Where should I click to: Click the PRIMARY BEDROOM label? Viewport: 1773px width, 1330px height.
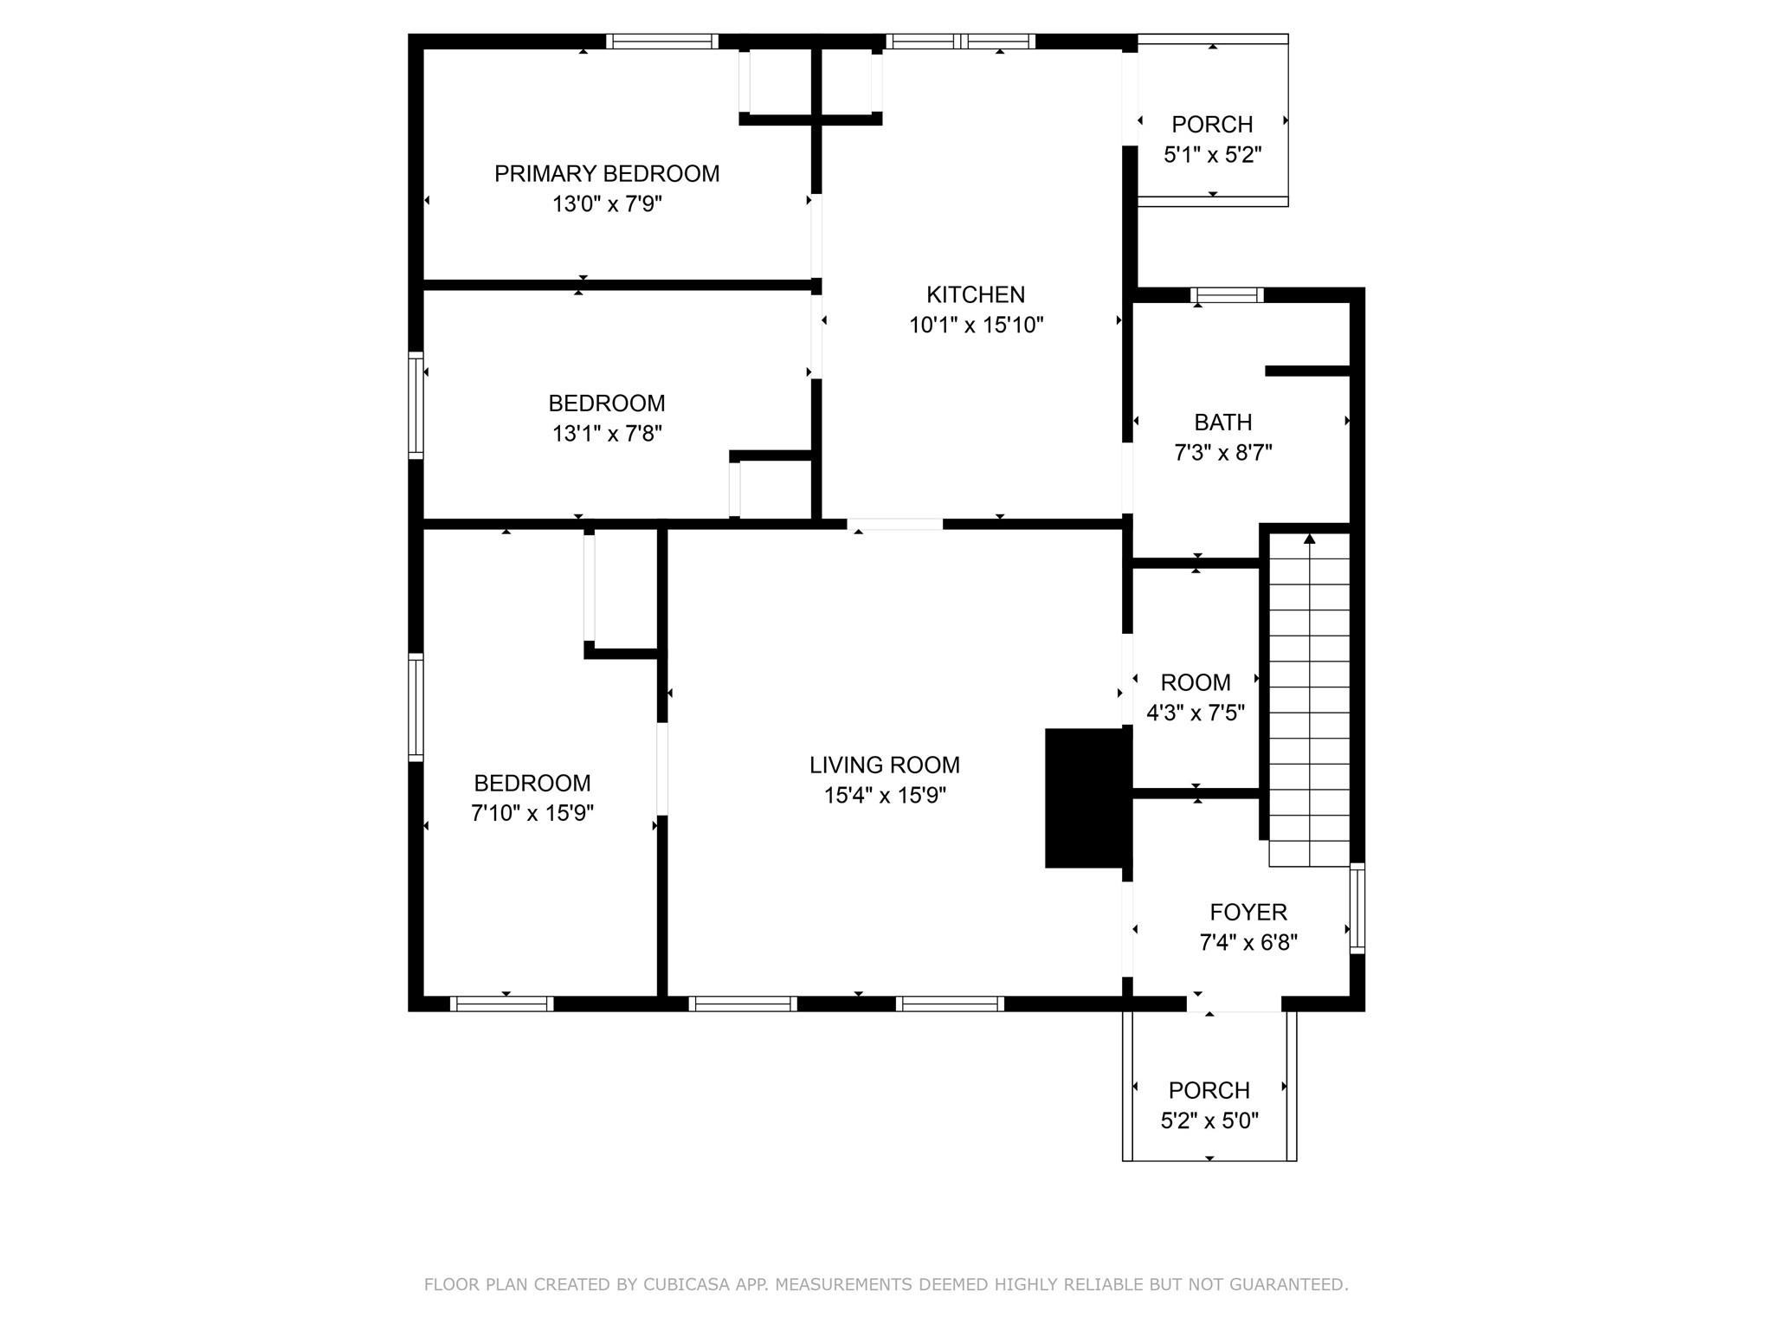[606, 174]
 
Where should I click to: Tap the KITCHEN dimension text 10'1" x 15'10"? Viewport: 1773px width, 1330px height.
[976, 326]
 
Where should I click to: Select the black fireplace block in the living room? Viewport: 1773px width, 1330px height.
[1087, 797]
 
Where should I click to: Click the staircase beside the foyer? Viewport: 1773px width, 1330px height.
[1309, 701]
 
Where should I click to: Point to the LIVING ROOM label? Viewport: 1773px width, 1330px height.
[884, 765]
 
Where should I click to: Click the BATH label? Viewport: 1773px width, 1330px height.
[1222, 423]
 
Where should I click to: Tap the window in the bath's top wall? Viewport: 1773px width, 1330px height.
[1227, 295]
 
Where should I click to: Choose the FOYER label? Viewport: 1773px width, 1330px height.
[1248, 912]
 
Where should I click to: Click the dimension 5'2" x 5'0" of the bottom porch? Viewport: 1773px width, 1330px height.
[1209, 1121]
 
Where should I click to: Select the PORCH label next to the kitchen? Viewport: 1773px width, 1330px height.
[1212, 125]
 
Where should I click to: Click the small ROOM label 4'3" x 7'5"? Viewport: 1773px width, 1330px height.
[1195, 683]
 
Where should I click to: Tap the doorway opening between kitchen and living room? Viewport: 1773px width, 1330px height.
[894, 524]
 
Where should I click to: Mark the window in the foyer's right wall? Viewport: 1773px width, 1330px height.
[1357, 908]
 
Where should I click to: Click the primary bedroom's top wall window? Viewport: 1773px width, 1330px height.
[662, 41]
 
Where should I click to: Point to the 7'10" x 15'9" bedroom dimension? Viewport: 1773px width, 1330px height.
[532, 814]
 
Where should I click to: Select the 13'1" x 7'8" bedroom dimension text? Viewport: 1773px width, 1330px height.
[607, 434]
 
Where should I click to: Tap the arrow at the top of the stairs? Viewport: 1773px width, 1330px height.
[1309, 539]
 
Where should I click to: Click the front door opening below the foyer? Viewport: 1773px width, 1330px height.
[1234, 1004]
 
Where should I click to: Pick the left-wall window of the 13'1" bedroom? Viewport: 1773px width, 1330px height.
[416, 405]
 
